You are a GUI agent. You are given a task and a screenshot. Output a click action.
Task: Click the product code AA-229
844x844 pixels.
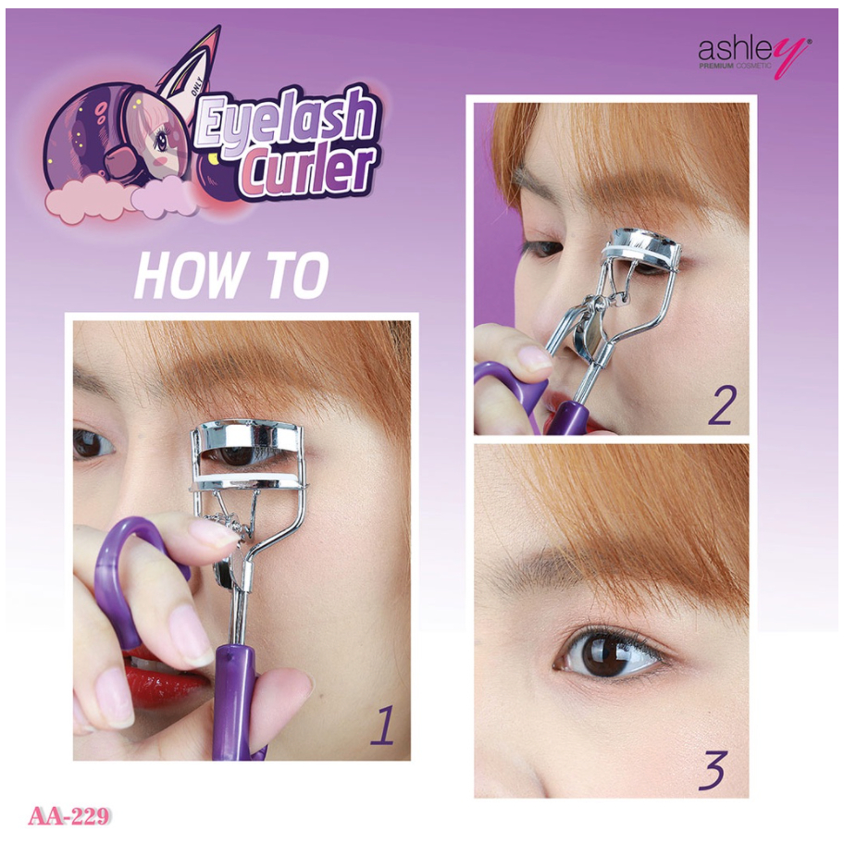[68, 816]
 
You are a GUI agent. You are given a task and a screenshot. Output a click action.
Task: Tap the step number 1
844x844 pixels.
[382, 726]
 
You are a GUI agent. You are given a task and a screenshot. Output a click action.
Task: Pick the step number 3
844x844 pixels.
[714, 770]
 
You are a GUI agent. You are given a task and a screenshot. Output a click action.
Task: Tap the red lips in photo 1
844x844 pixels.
[160, 679]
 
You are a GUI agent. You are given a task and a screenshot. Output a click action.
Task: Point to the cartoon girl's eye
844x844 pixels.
[160, 141]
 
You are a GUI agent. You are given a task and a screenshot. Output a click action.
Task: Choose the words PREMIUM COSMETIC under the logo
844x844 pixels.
[736, 66]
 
